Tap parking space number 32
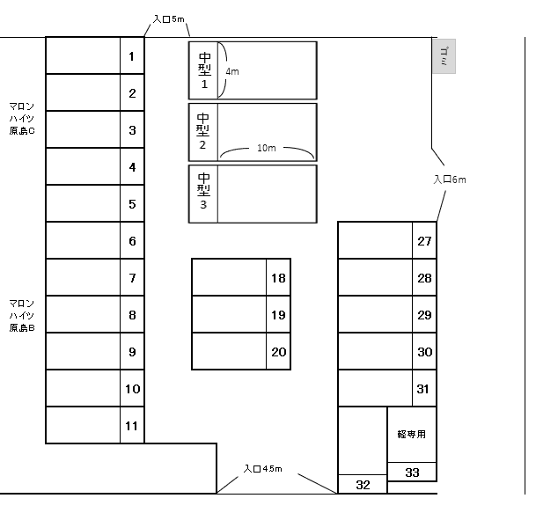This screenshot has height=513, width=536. tap(363, 485)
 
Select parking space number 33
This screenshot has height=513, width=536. tap(412, 473)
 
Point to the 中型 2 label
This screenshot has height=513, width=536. tap(203, 131)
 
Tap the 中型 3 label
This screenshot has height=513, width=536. tap(203, 193)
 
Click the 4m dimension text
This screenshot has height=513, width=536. tap(232, 70)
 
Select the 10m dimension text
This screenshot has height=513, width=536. tap(267, 149)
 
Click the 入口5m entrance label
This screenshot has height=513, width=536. tap(168, 18)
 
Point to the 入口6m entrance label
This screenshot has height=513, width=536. tap(449, 180)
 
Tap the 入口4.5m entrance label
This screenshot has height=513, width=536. tap(262, 468)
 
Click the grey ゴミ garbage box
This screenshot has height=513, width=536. tap(444, 56)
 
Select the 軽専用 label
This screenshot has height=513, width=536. tap(412, 433)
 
